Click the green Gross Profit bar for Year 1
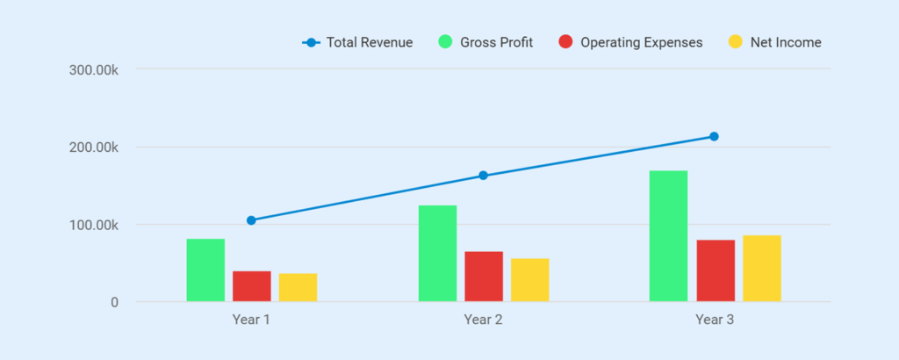205,270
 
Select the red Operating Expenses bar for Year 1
252,286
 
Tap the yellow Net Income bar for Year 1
298,288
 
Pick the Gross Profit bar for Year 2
437,254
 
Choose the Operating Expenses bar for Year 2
484,277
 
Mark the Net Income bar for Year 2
530,280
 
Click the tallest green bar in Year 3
669,236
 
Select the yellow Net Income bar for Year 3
762,269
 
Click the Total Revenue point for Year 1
251,220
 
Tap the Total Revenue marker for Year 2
483,176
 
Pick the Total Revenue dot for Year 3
715,136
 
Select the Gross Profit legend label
496,42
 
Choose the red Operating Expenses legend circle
565,42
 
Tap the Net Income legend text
786,42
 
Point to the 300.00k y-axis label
93,69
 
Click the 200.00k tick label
93,148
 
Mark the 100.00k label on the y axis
93,225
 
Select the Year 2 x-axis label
483,320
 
